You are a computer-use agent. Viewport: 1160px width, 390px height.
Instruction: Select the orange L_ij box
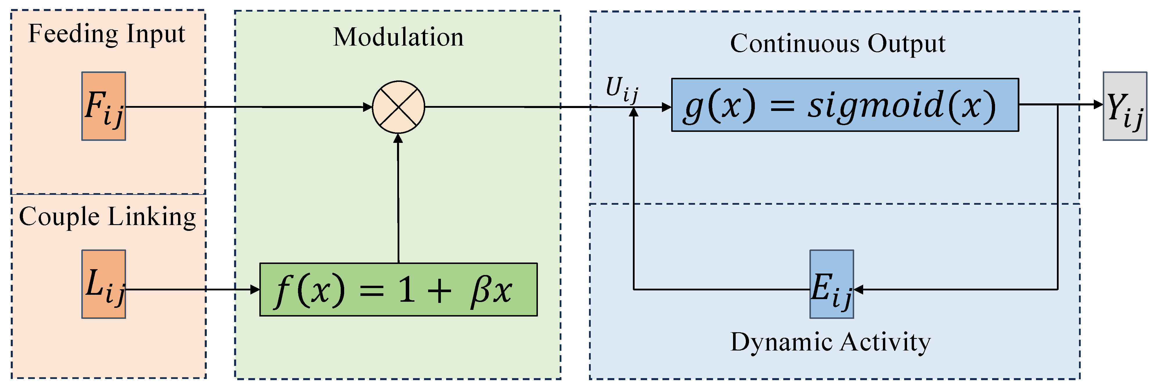[104, 284]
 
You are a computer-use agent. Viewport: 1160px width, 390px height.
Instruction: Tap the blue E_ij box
[831, 284]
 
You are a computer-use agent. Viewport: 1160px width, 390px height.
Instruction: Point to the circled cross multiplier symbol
[398, 107]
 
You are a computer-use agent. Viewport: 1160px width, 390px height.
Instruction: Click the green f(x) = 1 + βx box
[398, 290]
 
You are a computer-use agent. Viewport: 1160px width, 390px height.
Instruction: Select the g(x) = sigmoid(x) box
[845, 105]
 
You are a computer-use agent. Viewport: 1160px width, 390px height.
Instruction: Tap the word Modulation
[398, 37]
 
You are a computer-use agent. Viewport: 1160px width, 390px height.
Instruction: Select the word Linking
[152, 217]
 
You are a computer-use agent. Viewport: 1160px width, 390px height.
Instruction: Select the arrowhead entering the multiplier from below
[398, 138]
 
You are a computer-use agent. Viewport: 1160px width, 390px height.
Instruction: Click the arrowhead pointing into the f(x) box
[255, 290]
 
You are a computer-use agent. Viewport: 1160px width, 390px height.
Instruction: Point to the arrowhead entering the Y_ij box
[1098, 105]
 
